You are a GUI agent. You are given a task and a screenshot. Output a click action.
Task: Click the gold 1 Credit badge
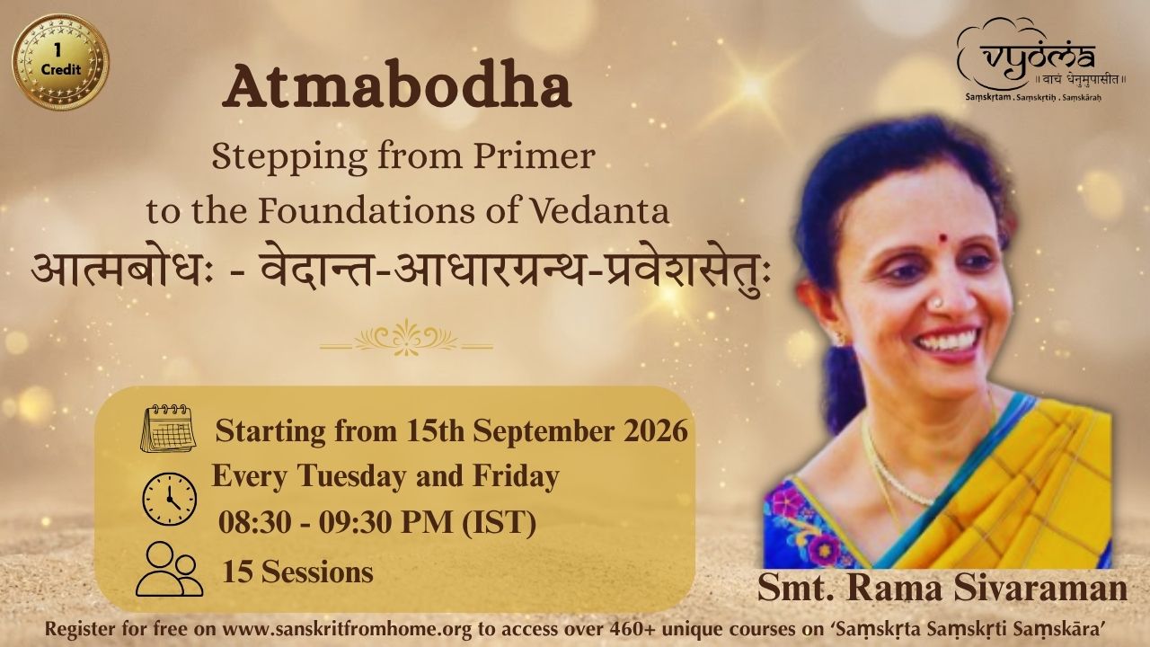tap(60, 61)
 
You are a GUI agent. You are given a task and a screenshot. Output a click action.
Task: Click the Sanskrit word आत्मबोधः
tap(119, 275)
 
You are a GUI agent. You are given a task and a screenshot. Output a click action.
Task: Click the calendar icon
tap(168, 429)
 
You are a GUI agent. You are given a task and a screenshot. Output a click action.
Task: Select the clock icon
tap(170, 499)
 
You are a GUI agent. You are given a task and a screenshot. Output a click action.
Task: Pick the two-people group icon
tap(170, 569)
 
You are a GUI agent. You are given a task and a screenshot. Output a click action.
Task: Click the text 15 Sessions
tap(297, 572)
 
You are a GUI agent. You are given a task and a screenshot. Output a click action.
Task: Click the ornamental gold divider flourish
tap(407, 337)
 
